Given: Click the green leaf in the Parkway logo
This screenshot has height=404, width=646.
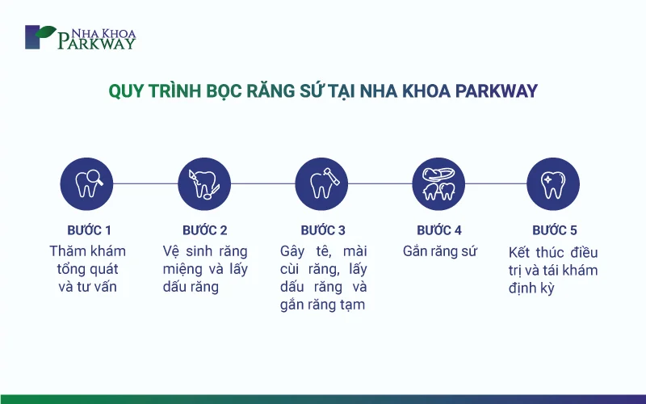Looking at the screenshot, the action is click(x=45, y=32).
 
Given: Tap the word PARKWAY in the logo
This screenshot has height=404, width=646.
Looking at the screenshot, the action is click(x=96, y=43).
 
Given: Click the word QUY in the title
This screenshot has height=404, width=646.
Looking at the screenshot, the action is click(x=126, y=91).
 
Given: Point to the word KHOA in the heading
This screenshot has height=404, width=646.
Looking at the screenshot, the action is click(x=426, y=91).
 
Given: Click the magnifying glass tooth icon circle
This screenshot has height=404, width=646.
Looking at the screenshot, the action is click(x=86, y=184).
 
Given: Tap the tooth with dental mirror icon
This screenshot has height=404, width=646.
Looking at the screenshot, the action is click(x=204, y=184).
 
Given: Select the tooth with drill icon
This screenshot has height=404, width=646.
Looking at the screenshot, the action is click(x=321, y=184).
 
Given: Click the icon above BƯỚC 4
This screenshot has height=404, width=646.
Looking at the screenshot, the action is click(x=438, y=184).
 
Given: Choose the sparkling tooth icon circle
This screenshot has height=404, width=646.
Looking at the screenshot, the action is click(x=553, y=184).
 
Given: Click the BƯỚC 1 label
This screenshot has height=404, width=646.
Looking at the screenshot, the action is click(x=90, y=230).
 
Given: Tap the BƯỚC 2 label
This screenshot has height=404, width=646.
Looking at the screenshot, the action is click(x=205, y=230).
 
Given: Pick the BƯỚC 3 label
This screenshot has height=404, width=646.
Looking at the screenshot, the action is click(x=323, y=230).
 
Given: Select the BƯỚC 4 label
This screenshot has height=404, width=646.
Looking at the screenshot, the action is click(x=439, y=230).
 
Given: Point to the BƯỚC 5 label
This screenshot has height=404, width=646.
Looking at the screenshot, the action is click(x=555, y=230).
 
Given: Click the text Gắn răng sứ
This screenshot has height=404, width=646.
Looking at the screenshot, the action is click(x=440, y=251).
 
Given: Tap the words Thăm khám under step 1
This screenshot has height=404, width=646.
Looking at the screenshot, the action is click(x=88, y=251).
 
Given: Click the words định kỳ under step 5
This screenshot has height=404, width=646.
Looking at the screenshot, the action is click(x=531, y=288).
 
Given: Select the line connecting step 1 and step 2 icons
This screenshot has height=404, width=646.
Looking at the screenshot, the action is click(x=145, y=184).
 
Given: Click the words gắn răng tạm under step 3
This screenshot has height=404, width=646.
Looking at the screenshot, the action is click(x=322, y=305).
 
